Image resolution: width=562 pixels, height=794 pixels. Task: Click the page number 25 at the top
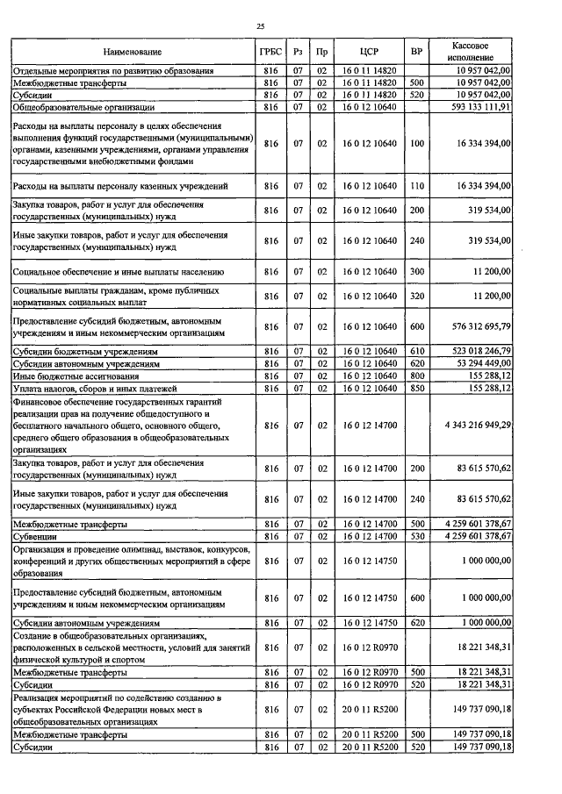(261, 27)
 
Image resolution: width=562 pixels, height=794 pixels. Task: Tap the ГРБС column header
(270, 52)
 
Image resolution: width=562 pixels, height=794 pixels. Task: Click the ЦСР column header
(369, 52)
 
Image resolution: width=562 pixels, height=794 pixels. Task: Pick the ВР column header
(416, 52)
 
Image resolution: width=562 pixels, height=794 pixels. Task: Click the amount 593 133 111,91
(476, 107)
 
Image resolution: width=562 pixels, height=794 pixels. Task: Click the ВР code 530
(416, 535)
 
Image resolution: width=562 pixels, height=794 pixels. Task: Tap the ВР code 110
(416, 186)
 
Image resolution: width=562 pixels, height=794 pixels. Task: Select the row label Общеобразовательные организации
(83, 107)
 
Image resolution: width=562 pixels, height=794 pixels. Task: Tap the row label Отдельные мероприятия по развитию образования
(112, 70)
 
